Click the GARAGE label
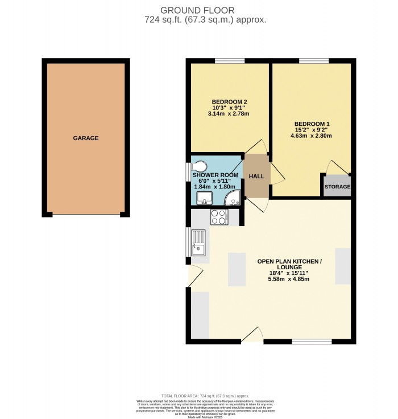[86, 138]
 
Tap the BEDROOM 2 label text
[230, 102]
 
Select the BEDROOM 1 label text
[312, 124]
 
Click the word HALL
[256, 176]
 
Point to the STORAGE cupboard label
[337, 187]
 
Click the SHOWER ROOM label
[217, 175]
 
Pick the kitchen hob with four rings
[219, 216]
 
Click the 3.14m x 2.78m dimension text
[230, 114]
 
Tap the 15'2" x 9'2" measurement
[312, 130]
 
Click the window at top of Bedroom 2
[230, 60]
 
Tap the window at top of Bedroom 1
[314, 60]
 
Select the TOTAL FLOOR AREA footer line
[198, 396]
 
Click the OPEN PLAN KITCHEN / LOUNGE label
[289, 264]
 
